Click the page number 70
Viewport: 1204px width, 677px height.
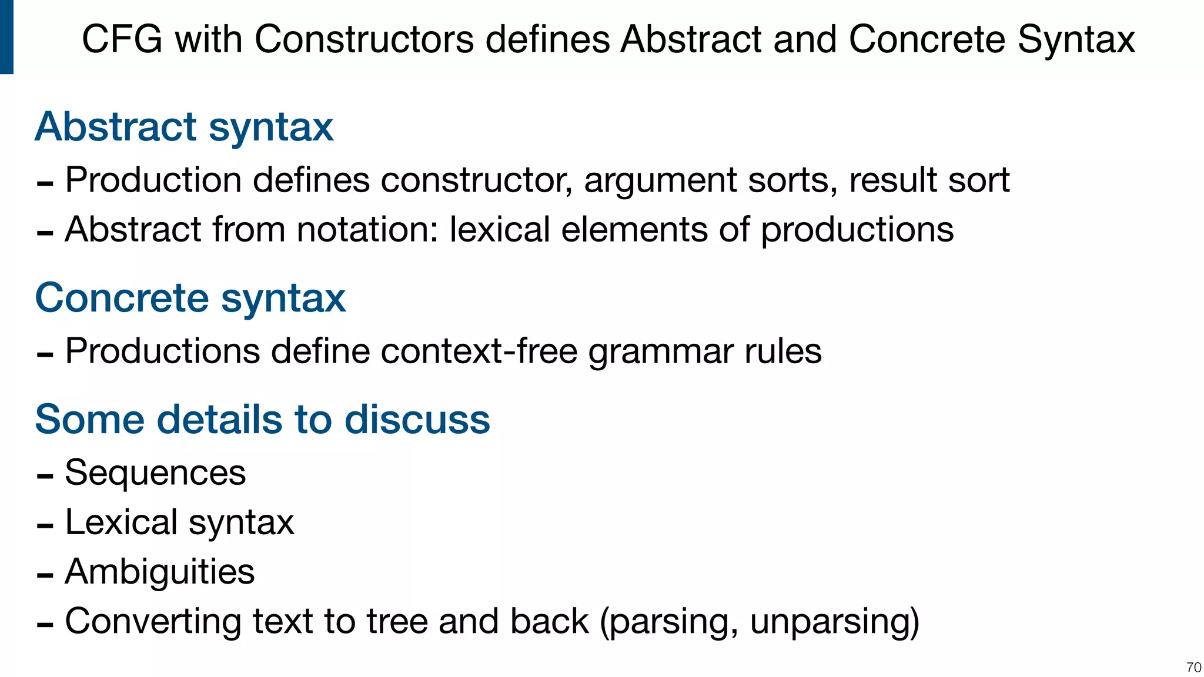pos(1193,668)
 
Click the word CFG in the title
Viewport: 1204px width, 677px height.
pos(121,40)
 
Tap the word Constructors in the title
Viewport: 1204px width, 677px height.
pos(364,40)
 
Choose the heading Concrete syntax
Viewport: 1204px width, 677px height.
pos(190,298)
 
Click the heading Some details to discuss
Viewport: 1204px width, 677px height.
pos(262,419)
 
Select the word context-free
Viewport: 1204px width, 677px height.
pos(479,351)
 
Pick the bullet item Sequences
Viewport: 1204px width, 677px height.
pos(155,472)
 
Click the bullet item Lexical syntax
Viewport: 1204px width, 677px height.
pos(179,522)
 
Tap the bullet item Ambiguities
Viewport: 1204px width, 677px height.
pos(159,572)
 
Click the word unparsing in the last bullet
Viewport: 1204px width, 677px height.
pos(834,622)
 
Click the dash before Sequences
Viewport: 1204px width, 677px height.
pos(45,475)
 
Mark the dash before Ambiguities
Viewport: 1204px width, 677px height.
pos(45,574)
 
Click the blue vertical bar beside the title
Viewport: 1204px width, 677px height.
pos(6,37)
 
